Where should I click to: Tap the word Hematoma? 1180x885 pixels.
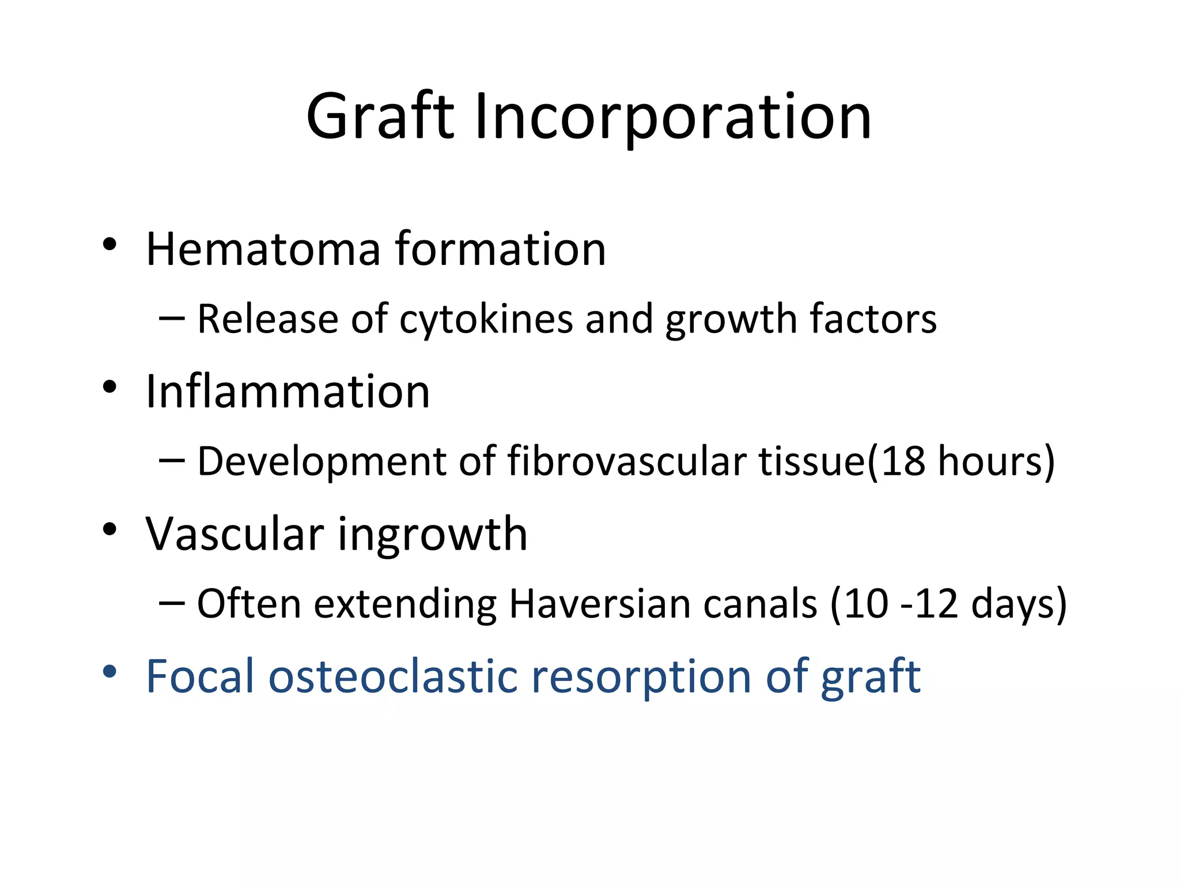263,248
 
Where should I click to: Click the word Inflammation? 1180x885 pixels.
288,391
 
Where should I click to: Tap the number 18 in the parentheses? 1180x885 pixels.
903,461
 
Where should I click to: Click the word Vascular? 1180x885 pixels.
235,534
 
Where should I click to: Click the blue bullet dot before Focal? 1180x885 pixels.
109,671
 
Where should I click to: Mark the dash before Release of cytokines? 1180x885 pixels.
171,318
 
